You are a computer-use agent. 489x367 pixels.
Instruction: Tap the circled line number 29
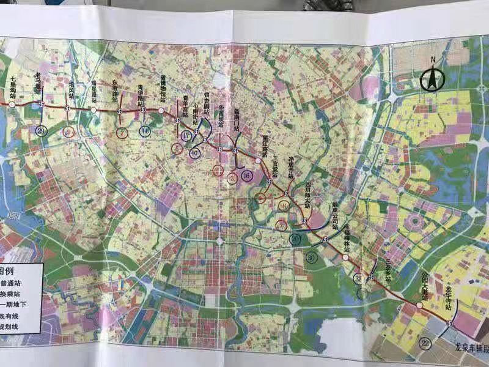[x=42, y=131]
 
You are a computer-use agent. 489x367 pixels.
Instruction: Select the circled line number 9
[x=68, y=133]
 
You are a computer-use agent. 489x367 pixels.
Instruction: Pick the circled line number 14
[x=144, y=131]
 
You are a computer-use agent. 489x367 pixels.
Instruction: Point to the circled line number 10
[x=194, y=153]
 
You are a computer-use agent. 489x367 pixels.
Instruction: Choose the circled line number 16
[x=246, y=176]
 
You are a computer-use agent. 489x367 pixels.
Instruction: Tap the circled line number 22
[x=425, y=345]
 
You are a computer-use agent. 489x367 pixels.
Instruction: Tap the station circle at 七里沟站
[x=10, y=105]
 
